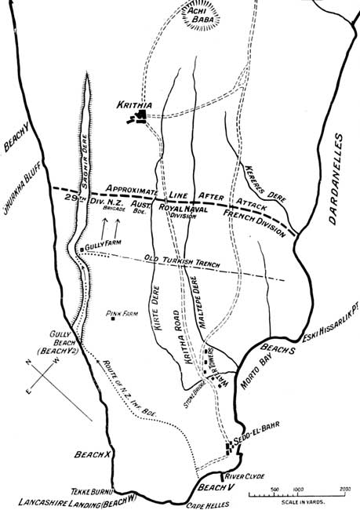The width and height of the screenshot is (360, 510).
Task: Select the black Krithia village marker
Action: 141,116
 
